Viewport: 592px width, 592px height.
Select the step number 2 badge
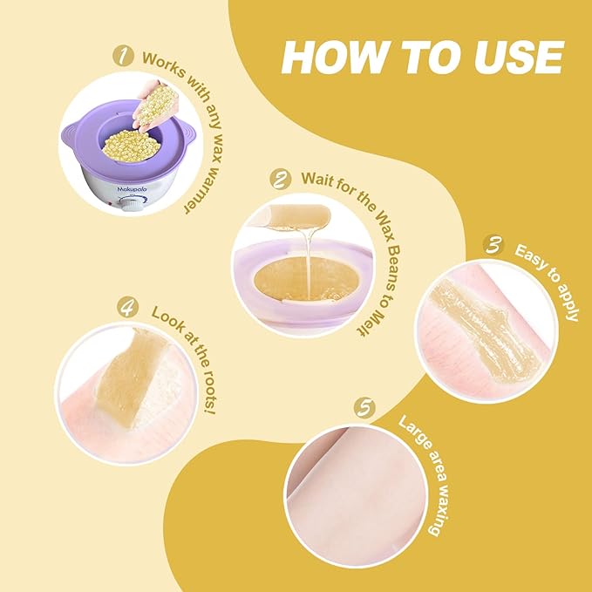tap(281, 180)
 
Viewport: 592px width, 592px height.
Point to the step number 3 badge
tap(494, 247)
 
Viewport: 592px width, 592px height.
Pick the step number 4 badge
tap(129, 309)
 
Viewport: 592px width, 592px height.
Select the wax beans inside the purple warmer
tap(129, 148)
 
